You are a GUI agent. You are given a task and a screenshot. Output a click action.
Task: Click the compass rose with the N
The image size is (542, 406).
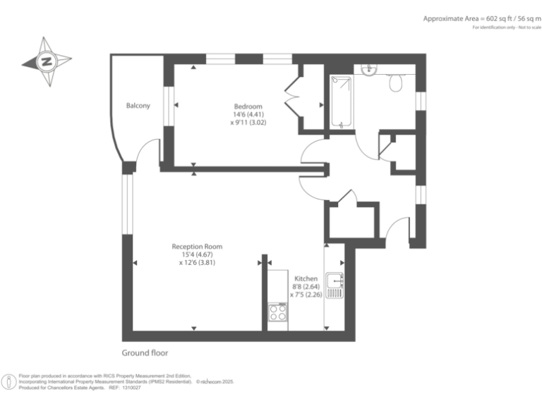[47, 62]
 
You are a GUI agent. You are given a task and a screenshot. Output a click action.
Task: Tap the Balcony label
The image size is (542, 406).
[138, 106]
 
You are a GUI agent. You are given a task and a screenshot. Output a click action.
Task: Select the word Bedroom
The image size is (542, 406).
[248, 106]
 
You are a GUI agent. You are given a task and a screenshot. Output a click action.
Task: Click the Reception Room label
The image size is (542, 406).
[197, 247]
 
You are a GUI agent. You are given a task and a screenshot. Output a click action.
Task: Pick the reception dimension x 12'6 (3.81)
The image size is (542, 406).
[197, 262]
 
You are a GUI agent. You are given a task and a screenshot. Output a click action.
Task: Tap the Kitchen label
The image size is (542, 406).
[306, 279]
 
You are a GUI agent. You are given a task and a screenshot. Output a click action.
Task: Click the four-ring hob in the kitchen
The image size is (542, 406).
[277, 312]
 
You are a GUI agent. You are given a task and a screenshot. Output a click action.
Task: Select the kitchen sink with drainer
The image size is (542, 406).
[334, 283]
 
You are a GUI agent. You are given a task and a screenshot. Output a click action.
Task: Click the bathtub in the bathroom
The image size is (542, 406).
[342, 103]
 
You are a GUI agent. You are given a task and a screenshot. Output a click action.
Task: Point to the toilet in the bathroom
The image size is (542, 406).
[397, 84]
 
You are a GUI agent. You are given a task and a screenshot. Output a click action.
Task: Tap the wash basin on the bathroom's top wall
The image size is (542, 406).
[367, 68]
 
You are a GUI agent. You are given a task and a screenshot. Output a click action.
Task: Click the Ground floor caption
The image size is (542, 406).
[145, 352]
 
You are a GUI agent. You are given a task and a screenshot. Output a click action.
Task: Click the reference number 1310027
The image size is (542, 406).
[132, 388]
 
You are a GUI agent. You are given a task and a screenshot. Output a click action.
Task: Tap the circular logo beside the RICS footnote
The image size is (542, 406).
[9, 381]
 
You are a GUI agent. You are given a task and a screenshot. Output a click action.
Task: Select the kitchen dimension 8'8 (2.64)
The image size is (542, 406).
[306, 287]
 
